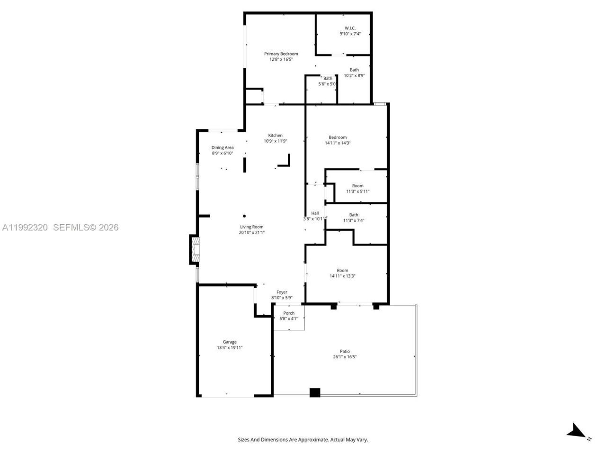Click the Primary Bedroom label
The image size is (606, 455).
pyautogui.click(x=281, y=54)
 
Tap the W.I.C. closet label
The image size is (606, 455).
pyautogui.click(x=350, y=28)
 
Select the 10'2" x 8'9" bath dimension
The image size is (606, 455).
pyautogui.click(x=354, y=75)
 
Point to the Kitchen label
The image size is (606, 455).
pyautogui.click(x=275, y=136)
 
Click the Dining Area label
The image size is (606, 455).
pyautogui.click(x=223, y=147)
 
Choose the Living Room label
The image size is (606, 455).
pyautogui.click(x=251, y=227)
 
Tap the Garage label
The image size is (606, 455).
pyautogui.click(x=230, y=342)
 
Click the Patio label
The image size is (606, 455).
pyautogui.click(x=344, y=351)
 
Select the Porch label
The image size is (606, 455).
pyautogui.click(x=289, y=313)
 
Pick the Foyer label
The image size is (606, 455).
pyautogui.click(x=282, y=292)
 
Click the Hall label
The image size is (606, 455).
pyautogui.click(x=315, y=213)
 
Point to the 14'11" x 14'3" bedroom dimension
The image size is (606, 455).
pyautogui.click(x=338, y=143)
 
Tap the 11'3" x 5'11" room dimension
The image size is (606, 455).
pyautogui.click(x=357, y=191)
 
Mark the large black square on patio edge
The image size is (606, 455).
pyautogui.click(x=315, y=392)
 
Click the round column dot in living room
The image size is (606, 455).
pyautogui.click(x=244, y=216)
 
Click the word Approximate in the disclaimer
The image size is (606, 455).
pyautogui.click(x=312, y=440)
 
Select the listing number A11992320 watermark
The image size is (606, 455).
pyautogui.click(x=25, y=227)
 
